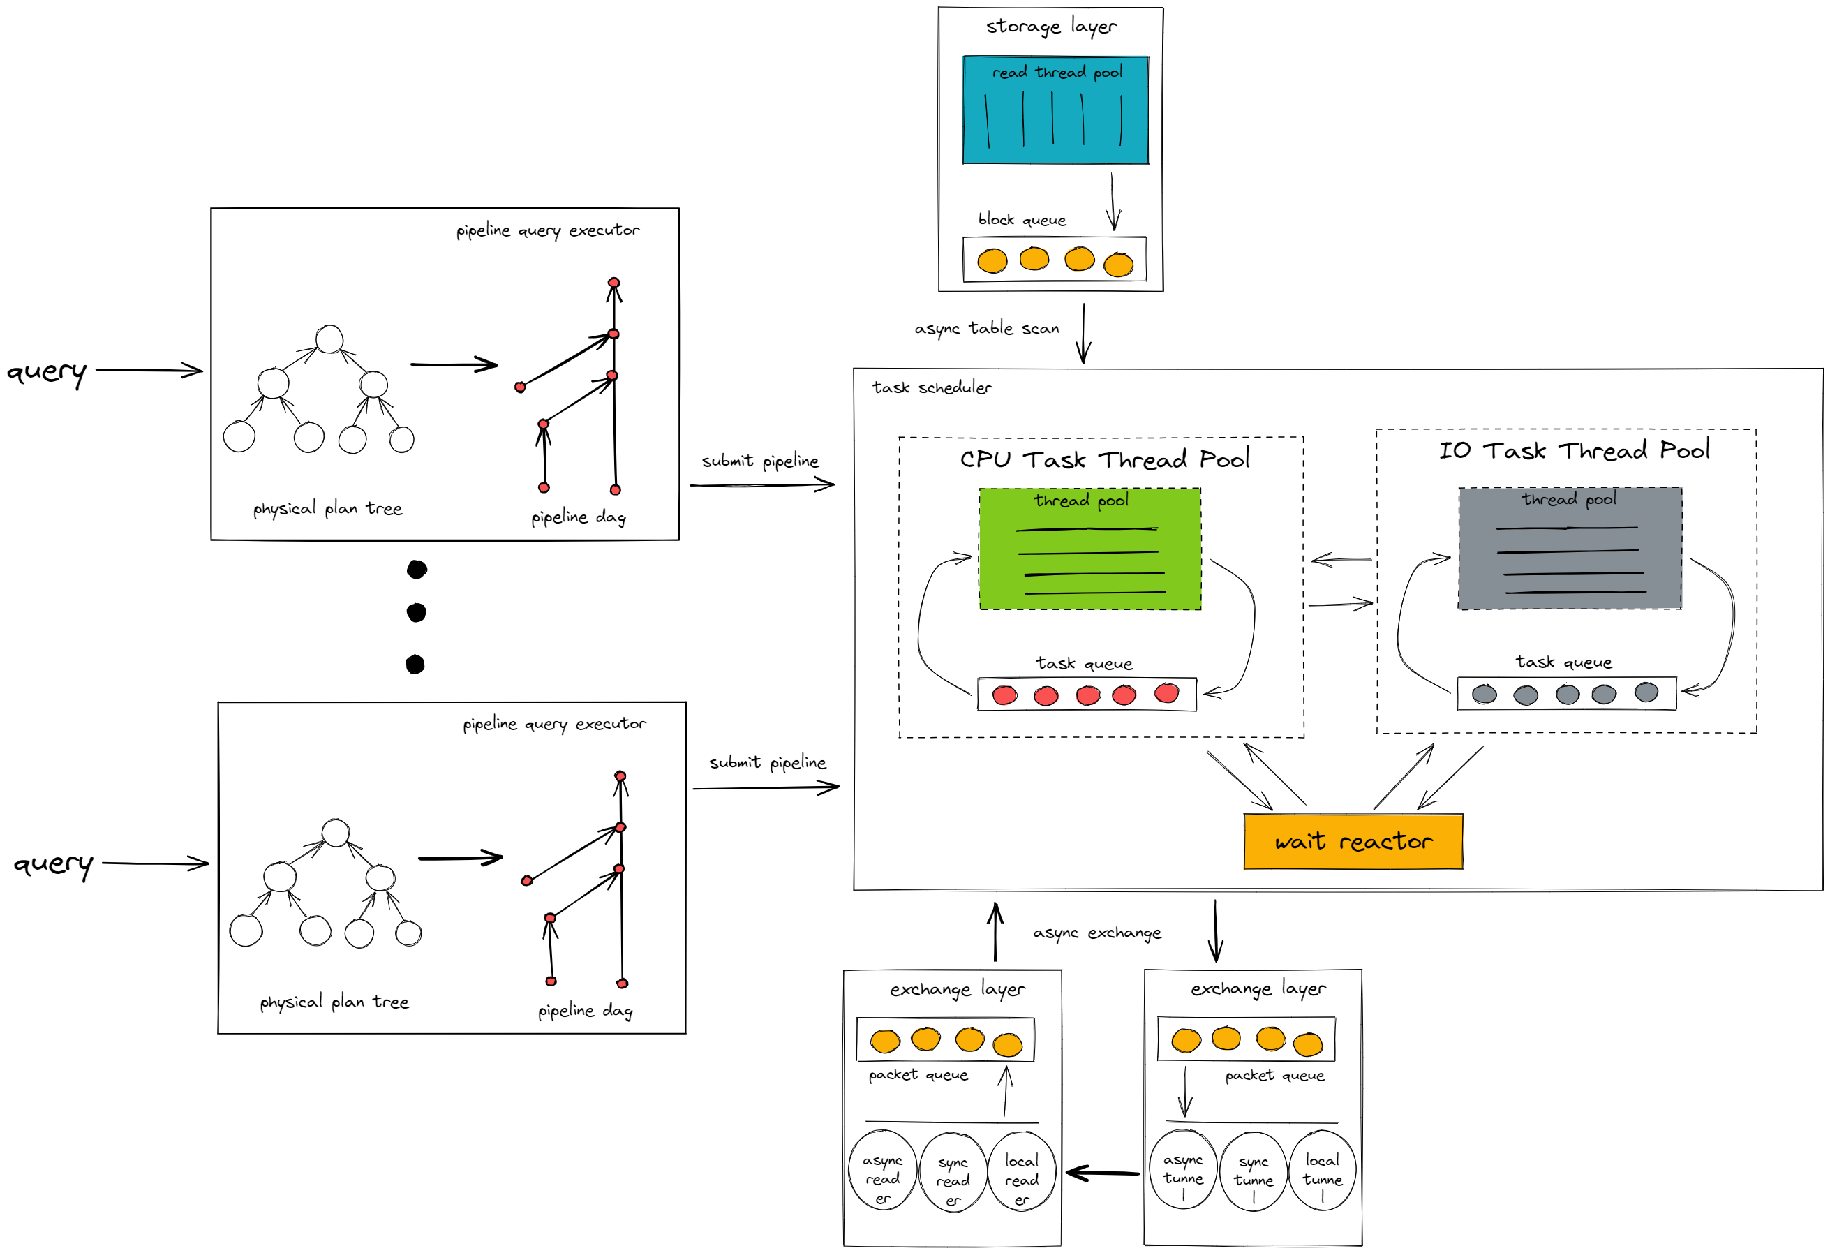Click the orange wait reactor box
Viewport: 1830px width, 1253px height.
click(1353, 842)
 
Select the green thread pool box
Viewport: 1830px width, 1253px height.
click(1089, 549)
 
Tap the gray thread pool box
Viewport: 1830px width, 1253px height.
click(1570, 548)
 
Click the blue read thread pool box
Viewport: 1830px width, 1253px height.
click(1055, 110)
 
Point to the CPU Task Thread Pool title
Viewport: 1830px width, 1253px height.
click(1104, 459)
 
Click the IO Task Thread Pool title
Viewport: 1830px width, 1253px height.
click(1573, 450)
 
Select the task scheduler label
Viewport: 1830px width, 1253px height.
click(932, 387)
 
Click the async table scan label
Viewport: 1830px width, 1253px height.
click(986, 328)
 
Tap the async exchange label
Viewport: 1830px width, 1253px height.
click(1097, 933)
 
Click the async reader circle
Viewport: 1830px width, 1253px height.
click(883, 1171)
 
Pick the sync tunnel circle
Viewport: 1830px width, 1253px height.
click(1253, 1171)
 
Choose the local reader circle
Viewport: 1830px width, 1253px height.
click(1021, 1171)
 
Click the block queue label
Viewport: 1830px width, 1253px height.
click(1021, 220)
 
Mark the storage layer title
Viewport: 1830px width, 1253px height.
click(1050, 27)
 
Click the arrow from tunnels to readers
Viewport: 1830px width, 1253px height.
click(1103, 1173)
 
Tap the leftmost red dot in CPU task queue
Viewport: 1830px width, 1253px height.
click(1005, 695)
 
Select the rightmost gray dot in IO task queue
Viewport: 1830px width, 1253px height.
click(1646, 692)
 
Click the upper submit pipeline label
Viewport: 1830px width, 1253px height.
click(760, 461)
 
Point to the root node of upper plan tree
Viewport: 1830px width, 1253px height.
click(329, 339)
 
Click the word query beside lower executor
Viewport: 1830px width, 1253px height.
click(53, 864)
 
